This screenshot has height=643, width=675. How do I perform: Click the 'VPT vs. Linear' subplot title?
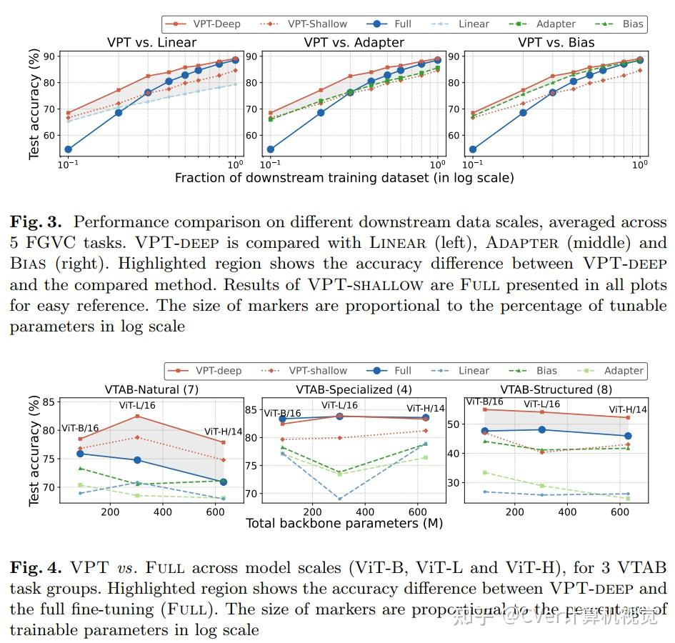(x=151, y=43)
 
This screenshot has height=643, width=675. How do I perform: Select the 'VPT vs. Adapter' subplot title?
(x=354, y=43)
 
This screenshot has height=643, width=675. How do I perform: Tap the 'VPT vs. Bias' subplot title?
(x=554, y=43)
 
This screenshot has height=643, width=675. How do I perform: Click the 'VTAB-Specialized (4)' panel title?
(x=354, y=389)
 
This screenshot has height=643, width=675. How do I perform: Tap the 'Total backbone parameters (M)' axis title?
(x=344, y=524)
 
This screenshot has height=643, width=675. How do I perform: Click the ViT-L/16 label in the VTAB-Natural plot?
(x=137, y=406)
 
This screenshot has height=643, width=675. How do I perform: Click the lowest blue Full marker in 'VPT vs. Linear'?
(x=68, y=149)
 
